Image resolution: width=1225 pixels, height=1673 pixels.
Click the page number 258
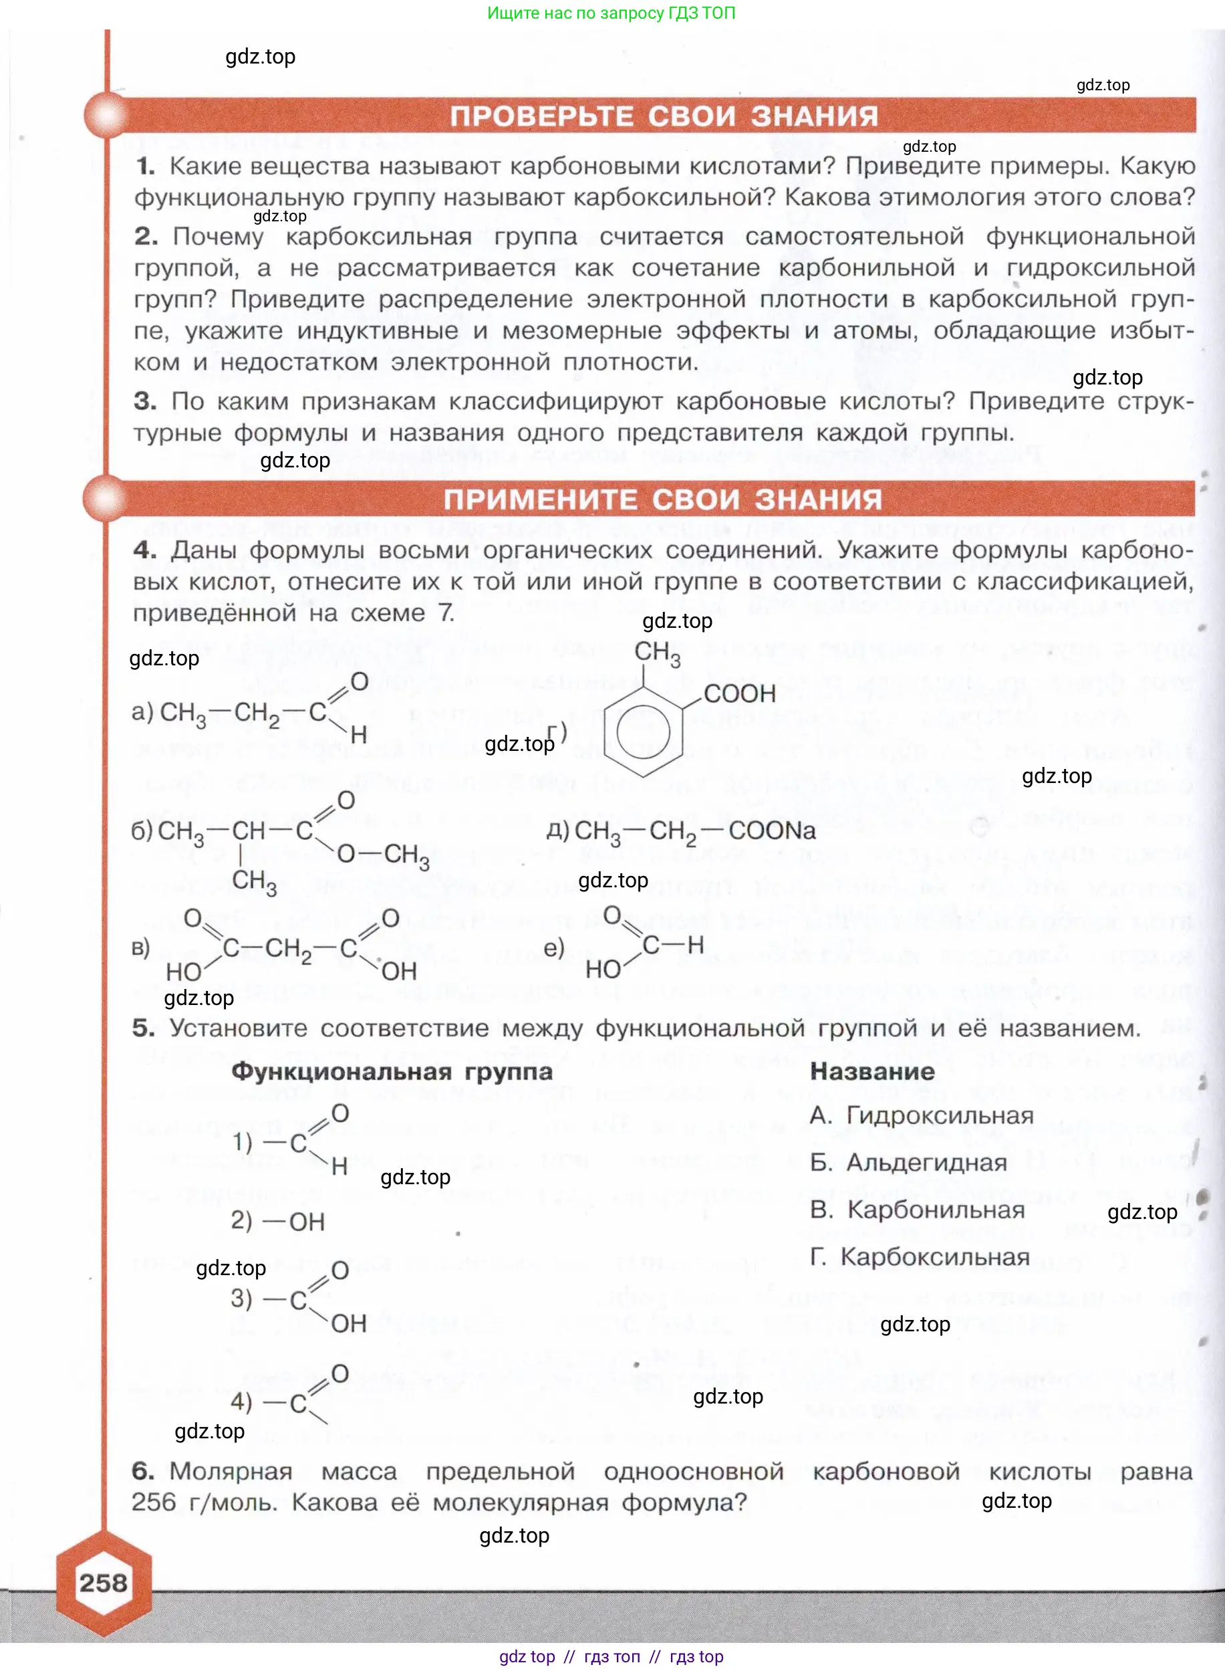pos(104,1583)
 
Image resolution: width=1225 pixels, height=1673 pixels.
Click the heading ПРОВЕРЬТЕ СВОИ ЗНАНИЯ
pos(664,116)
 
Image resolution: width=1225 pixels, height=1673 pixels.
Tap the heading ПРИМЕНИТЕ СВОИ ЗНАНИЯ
pos(663,499)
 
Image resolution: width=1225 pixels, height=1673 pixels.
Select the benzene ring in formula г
pos(643,730)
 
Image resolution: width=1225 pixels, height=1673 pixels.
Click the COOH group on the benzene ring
pos(739,693)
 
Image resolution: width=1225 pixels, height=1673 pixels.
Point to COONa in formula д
pos(772,830)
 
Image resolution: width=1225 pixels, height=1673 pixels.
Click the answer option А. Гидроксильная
pos(922,1115)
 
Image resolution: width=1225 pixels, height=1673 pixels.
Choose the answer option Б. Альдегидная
pos(908,1162)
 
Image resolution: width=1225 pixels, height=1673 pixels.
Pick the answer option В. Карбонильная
pos(918,1210)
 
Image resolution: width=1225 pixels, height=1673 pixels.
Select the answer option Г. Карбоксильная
pos(920,1257)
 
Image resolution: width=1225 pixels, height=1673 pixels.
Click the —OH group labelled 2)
pos(293,1221)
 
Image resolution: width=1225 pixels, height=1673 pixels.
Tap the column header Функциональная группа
pos(392,1071)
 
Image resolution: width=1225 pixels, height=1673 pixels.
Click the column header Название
pos(872,1071)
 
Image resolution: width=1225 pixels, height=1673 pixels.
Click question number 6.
pos(142,1470)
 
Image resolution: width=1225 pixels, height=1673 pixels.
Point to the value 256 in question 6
pos(154,1502)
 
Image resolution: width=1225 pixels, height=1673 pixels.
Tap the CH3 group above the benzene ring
pos(657,652)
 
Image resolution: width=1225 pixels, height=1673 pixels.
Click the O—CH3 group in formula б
pos(383,855)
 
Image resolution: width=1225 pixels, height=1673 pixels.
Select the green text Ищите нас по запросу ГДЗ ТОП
pos(611,13)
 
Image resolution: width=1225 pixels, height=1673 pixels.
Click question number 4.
pos(144,550)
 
